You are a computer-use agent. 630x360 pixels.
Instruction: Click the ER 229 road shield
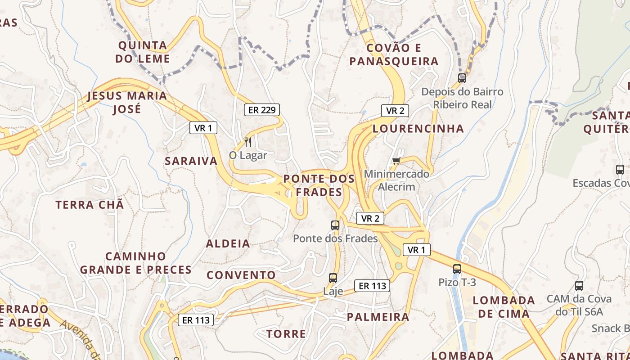[x=261, y=110]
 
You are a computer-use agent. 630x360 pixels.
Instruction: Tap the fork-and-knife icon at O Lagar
[x=247, y=142]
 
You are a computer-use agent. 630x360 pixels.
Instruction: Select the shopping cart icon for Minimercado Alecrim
[x=396, y=161]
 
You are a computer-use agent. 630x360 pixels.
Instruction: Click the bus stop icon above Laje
[x=333, y=278]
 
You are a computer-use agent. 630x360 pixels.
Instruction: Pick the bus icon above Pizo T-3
[x=457, y=269]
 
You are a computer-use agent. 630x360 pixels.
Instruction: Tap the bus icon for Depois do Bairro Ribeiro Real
[x=462, y=78]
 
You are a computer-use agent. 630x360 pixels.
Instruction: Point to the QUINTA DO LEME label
[x=143, y=52]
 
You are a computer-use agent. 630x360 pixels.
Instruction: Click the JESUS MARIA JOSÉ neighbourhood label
[x=127, y=102]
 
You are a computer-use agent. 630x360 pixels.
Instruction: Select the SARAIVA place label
[x=191, y=161]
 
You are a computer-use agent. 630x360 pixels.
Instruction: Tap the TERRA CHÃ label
[x=90, y=205]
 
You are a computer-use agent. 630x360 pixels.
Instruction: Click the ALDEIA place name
[x=228, y=244]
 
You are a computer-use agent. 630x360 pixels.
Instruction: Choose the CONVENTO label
[x=241, y=275]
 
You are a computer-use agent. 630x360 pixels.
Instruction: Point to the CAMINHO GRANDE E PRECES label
[x=136, y=263]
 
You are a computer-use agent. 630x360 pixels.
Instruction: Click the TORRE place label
[x=286, y=334]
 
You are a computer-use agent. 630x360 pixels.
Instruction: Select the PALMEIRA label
[x=378, y=317]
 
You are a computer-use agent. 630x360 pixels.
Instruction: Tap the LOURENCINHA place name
[x=418, y=129]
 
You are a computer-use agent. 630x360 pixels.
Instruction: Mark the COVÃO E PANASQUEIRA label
[x=394, y=54]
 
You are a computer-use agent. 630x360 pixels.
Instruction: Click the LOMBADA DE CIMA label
[x=504, y=307]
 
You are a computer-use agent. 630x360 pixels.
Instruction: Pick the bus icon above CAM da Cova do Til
[x=579, y=286]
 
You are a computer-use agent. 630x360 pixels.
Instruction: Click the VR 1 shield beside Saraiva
[x=203, y=128]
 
